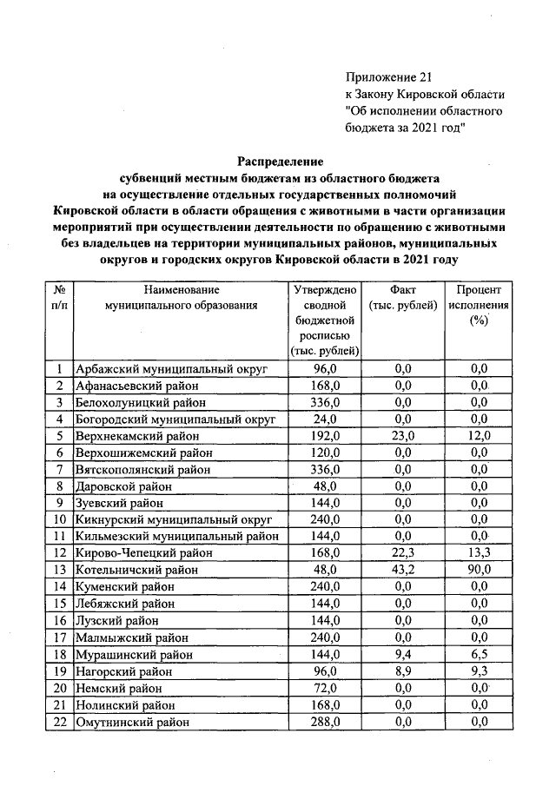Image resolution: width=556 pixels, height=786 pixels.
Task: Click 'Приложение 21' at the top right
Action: tap(387, 78)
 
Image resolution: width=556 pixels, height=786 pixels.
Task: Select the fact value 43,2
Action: tap(402, 570)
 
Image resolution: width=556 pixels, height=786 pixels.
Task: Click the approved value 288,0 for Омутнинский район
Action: tap(323, 722)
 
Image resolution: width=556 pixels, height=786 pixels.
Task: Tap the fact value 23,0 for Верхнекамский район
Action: tap(402, 436)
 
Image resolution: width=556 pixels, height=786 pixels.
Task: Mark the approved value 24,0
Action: tap(323, 419)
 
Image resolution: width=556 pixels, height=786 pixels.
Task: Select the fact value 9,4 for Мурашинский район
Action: tap(402, 654)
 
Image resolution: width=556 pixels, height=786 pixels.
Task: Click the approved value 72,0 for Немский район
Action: tap(323, 688)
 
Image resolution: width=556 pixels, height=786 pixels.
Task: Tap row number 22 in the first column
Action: tap(60, 722)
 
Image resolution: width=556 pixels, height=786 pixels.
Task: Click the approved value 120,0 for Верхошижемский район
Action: tap(323, 452)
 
